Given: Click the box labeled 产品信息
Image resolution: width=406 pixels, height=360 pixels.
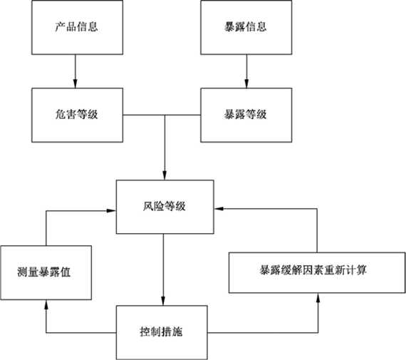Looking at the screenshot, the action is pos(77,27).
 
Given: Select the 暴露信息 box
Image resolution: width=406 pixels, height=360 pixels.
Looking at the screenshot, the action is pos(246,27).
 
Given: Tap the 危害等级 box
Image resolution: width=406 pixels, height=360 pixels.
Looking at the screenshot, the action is pos(77,115).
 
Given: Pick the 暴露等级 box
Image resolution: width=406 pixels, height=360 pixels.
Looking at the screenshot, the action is pos(246,115).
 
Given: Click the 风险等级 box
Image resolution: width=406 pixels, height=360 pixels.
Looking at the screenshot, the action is pos(165,207).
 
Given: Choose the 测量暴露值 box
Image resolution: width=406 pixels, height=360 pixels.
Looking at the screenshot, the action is pos(46,272).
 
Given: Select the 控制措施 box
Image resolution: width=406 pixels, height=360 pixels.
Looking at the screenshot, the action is pos(162,332).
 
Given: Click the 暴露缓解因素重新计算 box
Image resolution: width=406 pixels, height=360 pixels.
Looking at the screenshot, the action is pos(317,272).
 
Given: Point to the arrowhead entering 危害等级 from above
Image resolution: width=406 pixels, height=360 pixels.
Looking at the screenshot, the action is pos(75,83).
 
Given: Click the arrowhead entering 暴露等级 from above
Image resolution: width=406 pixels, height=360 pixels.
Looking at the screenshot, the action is pos(246,83).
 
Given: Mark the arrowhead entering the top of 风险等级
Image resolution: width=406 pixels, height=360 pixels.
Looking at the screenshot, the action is pos(165,175).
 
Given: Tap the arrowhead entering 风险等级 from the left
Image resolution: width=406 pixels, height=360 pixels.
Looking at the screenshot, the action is pos(112,210).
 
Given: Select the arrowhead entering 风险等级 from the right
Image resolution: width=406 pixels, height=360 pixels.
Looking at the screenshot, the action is pos(219,208).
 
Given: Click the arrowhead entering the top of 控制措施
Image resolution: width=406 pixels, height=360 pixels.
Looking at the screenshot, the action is pos(163,301).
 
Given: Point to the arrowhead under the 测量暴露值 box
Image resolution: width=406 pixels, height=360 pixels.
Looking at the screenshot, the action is pos(46,304).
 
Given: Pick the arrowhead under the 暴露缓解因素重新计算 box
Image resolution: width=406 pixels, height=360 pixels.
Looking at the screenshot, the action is pos(318,297).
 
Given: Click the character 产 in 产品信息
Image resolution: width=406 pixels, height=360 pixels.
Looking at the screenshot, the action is pos(60,26).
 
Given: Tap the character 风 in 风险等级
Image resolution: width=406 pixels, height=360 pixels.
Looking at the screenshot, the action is pos(148,206).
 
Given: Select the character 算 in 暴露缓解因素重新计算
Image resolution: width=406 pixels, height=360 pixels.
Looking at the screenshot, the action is pos(361,270).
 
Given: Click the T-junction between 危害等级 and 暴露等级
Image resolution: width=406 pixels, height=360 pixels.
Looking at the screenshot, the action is pos(165,115).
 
